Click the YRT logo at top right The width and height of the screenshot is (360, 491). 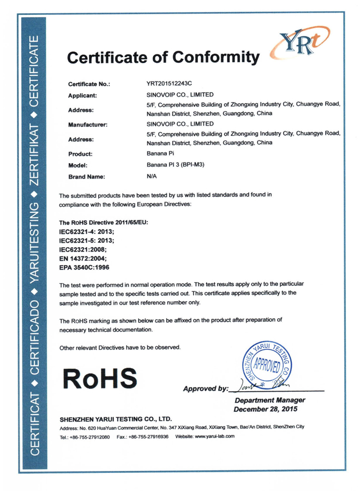(296, 45)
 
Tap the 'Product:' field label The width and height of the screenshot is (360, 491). (81, 154)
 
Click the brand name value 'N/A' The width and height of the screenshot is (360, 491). (152, 176)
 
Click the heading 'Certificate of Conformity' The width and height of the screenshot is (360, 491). (161, 57)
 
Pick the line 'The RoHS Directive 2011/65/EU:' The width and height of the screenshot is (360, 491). (103, 223)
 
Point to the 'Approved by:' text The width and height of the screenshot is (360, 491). (206, 388)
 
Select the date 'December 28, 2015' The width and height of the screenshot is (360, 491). (269, 409)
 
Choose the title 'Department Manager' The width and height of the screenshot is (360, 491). (269, 400)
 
